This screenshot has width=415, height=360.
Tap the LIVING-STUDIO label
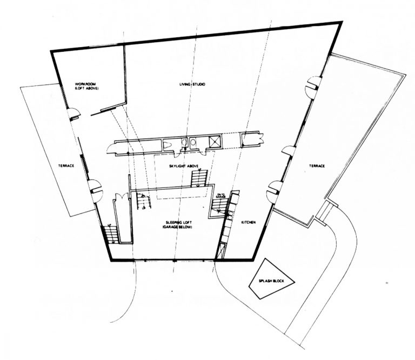tap(193, 85)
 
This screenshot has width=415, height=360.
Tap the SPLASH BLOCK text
tap(271, 281)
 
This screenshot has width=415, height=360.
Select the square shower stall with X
tap(215, 141)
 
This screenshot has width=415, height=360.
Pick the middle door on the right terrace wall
tap(287, 151)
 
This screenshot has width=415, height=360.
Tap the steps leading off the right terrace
tap(326, 211)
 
